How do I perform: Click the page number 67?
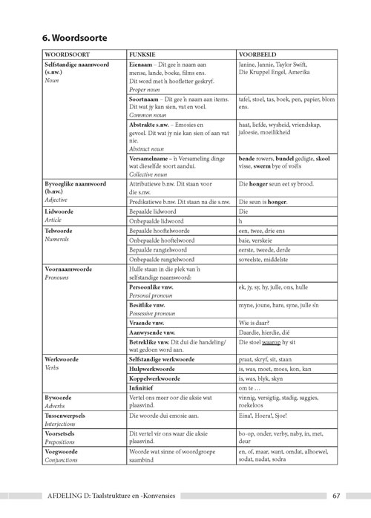[x=335, y=496]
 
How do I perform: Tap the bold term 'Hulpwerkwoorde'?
[x=155, y=369]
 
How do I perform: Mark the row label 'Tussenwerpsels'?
[x=69, y=416]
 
